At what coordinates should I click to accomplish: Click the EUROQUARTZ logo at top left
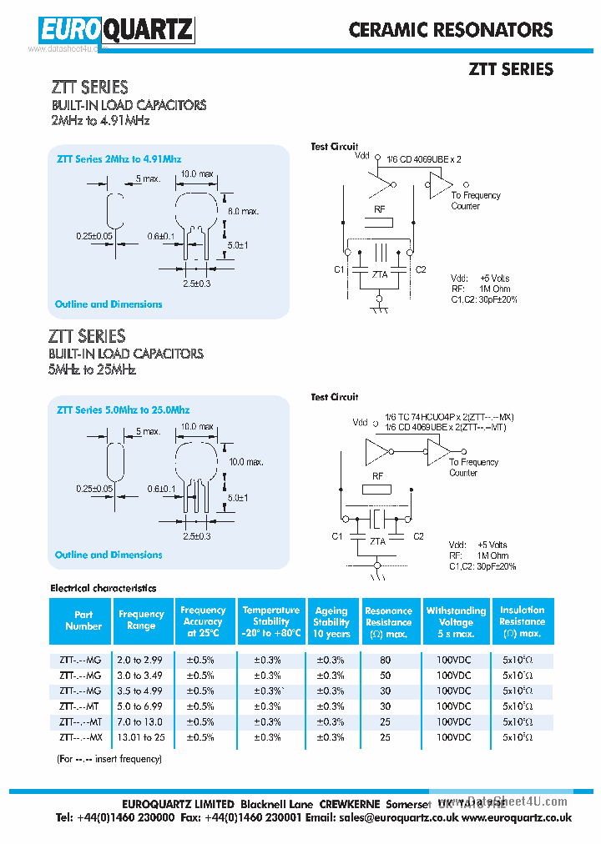tap(116, 31)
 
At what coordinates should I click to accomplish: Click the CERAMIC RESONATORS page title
tap(451, 30)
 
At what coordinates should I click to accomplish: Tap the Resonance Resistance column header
tap(388, 622)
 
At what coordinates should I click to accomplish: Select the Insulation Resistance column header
tap(522, 621)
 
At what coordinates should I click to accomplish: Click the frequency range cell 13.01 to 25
tap(141, 737)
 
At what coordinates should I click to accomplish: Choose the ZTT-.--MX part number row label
tap(81, 737)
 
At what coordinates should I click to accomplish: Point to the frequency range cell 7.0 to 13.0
tap(141, 721)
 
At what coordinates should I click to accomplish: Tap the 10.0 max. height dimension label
tap(246, 461)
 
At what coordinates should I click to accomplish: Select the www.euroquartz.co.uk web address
tap(517, 819)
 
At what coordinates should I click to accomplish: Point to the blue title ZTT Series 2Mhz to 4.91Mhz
tap(119, 158)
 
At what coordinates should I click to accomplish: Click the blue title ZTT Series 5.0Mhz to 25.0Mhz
tap(123, 409)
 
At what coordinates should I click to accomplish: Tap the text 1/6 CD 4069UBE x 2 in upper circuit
tap(423, 158)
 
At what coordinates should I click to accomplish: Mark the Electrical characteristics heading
tap(104, 588)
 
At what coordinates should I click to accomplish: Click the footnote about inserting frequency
tap(109, 759)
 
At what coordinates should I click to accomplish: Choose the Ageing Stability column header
tap(331, 621)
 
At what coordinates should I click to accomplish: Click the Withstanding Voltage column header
tap(456, 621)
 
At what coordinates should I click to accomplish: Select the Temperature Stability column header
tap(271, 621)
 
